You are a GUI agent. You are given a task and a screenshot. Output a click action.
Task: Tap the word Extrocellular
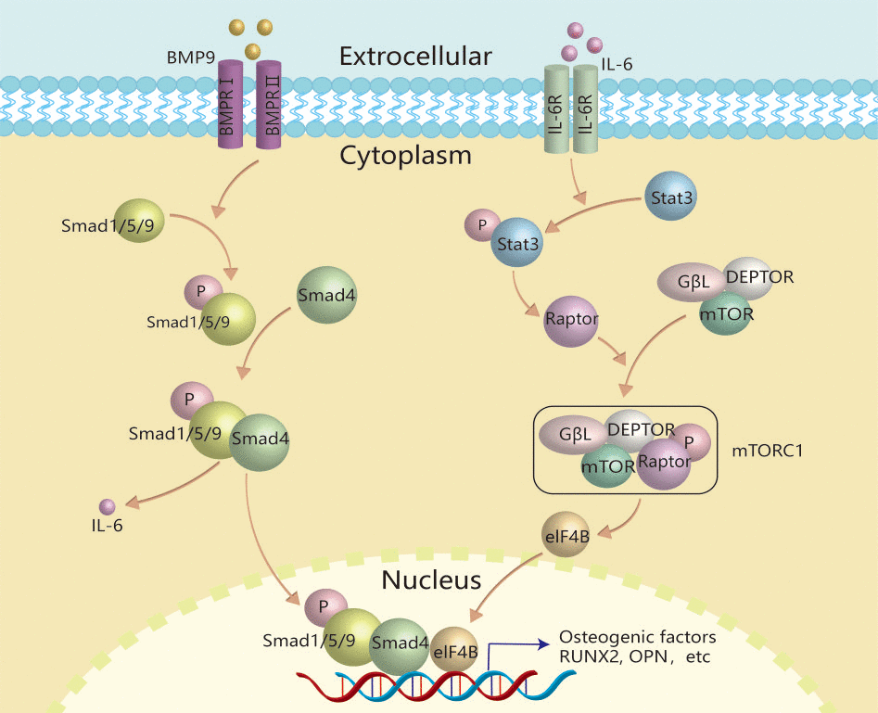[x=415, y=57]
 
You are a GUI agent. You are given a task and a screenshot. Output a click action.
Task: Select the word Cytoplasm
[x=405, y=155]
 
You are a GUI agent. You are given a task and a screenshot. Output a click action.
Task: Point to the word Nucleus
[x=431, y=581]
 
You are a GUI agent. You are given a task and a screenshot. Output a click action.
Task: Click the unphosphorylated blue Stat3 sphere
[x=667, y=197]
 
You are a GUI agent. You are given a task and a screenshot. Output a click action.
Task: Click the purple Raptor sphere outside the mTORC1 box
[x=570, y=320]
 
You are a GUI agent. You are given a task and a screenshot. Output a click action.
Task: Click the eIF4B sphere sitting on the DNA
[x=455, y=652]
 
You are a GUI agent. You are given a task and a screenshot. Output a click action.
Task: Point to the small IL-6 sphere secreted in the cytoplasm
[x=108, y=506]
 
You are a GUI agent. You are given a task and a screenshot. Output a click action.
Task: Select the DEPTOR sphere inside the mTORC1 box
[x=641, y=429]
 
